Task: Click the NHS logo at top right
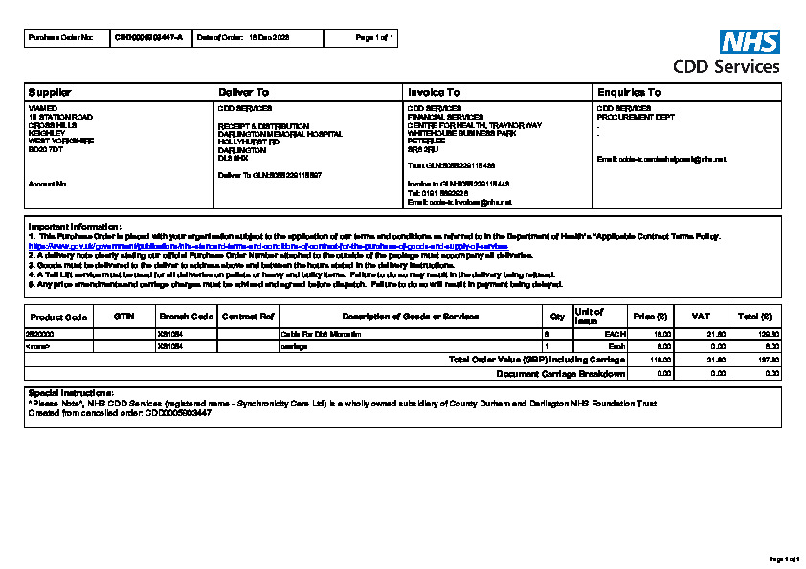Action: (x=750, y=41)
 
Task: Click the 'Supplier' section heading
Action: (x=51, y=92)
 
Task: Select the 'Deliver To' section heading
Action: (x=244, y=92)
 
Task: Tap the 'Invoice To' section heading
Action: (x=434, y=92)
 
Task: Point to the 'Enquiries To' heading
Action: (x=629, y=92)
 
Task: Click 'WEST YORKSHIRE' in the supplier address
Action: (x=61, y=141)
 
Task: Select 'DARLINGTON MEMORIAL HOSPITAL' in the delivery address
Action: (x=267, y=134)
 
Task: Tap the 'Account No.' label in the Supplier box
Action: (x=48, y=183)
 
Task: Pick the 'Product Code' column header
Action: (x=58, y=317)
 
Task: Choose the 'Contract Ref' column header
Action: (x=248, y=317)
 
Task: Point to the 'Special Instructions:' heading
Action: (x=72, y=393)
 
